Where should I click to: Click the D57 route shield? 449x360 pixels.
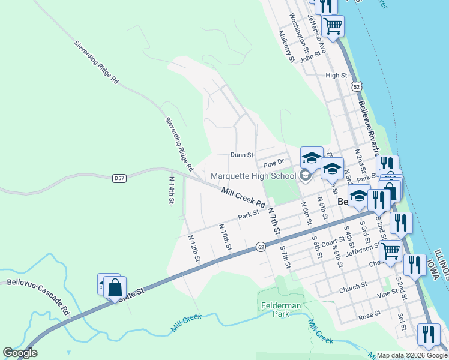point(119,178)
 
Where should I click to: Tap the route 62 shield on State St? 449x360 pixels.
point(260,246)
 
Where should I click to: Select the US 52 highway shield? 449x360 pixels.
point(357,87)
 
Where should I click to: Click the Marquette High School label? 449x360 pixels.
point(253,176)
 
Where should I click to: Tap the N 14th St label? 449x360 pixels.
point(171,190)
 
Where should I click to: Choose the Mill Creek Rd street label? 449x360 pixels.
point(243,197)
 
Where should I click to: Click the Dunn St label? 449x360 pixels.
point(241,154)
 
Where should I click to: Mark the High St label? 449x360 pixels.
point(336,76)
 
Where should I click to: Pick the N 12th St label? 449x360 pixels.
point(193,247)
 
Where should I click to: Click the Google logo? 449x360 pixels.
point(20,353)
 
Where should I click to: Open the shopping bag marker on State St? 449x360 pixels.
point(114,287)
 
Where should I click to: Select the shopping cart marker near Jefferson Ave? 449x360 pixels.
point(333,25)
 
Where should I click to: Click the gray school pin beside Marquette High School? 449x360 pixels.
point(305,175)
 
